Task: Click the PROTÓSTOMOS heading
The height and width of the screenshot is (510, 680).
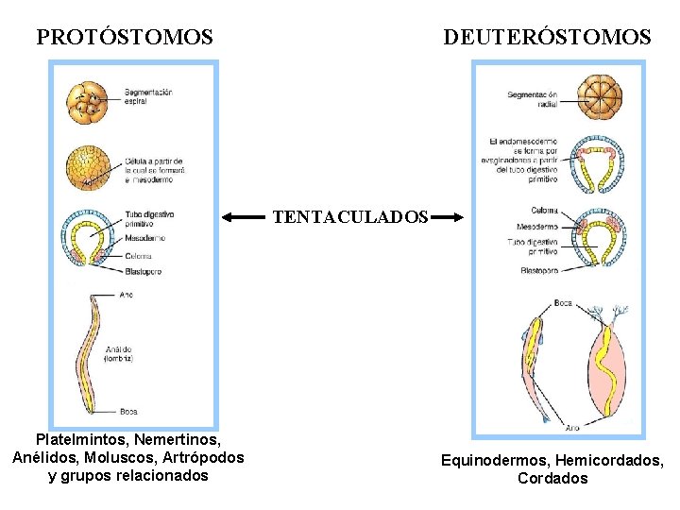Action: point(125,38)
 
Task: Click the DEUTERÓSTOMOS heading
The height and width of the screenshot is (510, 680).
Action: point(548,38)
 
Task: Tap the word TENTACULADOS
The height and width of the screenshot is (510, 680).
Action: point(350,217)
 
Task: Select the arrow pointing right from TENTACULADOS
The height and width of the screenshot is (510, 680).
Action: point(449,217)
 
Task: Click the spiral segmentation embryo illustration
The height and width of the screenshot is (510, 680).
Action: point(90,102)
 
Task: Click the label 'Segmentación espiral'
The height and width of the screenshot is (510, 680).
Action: point(148,94)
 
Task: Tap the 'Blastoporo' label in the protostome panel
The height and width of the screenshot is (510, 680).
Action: point(143,271)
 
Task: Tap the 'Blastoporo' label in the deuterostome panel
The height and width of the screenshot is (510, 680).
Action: point(539,270)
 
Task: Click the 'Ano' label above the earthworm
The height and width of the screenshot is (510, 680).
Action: point(127,296)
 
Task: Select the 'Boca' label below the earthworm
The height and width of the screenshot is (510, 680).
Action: point(128,411)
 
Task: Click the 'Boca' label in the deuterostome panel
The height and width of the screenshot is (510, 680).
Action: point(563,303)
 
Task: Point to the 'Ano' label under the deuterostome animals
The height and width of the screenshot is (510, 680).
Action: point(572,428)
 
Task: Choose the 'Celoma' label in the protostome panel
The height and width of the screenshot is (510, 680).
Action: point(138,256)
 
